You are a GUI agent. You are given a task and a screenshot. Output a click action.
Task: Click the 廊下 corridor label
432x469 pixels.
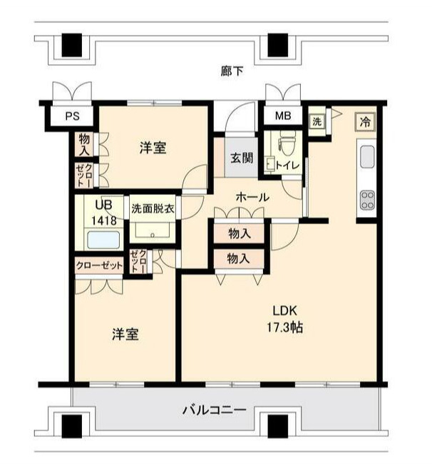pos(231,71)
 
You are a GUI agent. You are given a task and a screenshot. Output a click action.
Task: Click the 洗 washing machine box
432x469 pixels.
pos(316,121)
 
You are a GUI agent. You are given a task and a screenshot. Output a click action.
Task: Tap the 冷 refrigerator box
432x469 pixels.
pos(364,121)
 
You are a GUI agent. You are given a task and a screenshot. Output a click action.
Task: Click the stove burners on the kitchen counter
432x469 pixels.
pos(367,198)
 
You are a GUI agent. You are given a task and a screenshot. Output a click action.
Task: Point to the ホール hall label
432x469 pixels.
pos(252,196)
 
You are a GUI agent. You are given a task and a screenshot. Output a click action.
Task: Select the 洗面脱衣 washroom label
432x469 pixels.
pos(153,210)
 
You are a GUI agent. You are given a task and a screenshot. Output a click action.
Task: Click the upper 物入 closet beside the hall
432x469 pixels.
pos(239,233)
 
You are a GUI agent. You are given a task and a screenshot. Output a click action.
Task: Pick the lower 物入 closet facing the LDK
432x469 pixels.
pos(239,258)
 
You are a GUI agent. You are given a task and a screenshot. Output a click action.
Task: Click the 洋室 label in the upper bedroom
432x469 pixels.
pos(153,148)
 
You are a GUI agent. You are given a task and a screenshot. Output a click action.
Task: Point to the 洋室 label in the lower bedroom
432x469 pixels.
pos(125,333)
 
